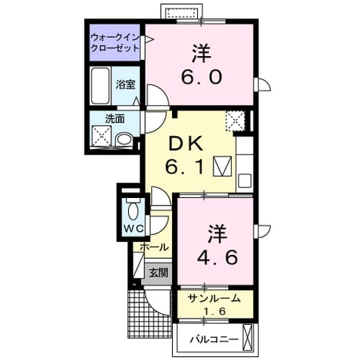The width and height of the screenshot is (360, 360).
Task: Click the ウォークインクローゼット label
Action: point(115,43)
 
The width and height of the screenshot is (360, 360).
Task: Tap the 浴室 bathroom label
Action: point(126,84)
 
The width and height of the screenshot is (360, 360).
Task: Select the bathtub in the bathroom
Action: point(100,85)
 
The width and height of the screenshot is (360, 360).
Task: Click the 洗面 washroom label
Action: point(115,119)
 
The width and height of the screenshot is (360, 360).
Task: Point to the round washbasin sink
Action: point(124,140)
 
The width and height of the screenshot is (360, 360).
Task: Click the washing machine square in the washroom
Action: point(101,136)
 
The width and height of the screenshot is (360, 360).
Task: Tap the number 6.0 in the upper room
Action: point(201,77)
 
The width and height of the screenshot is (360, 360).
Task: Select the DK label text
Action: point(187,145)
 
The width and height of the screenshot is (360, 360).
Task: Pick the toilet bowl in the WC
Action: point(133,210)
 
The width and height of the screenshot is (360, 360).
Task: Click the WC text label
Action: point(134,229)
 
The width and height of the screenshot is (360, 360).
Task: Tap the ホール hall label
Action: point(154,247)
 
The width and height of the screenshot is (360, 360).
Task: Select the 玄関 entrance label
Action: point(159,273)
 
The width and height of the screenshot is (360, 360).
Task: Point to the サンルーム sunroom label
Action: point(214,299)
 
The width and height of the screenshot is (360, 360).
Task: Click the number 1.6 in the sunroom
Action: point(215,311)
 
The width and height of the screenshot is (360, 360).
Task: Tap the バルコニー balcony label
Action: point(214,339)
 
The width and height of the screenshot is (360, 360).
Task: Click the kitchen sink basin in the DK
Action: point(245,181)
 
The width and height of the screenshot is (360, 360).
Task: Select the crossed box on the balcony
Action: point(247,338)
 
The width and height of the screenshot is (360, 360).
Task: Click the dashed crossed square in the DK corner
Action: point(236,121)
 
